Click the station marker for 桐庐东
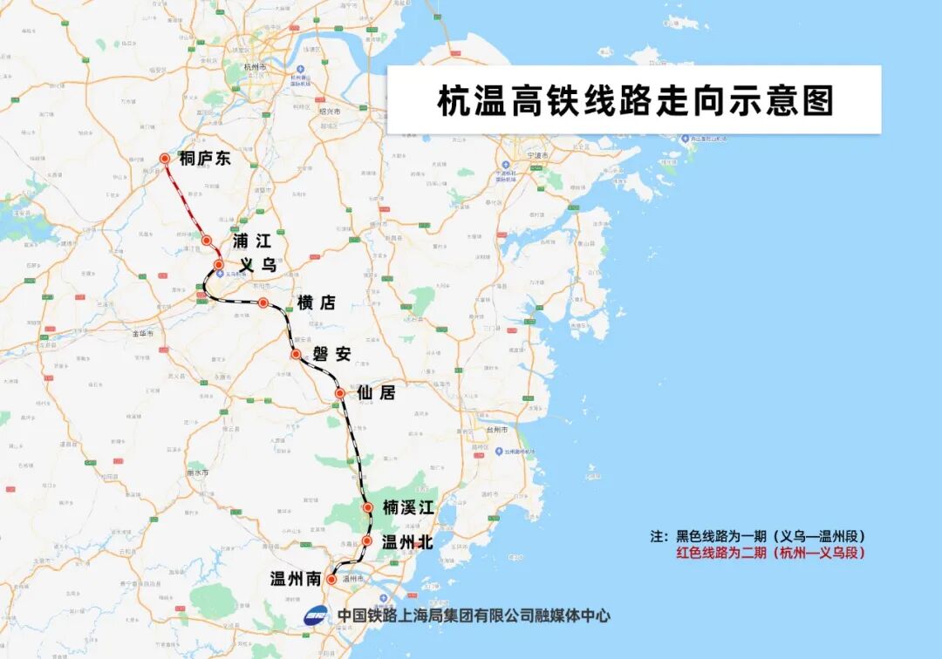click(x=164, y=159)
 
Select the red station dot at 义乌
click(x=219, y=265)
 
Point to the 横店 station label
click(x=316, y=302)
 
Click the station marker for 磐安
click(x=296, y=354)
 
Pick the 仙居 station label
click(x=376, y=393)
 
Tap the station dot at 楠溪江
click(x=368, y=506)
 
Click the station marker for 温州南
click(x=331, y=579)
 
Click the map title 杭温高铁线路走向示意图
click(x=634, y=100)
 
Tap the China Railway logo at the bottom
click(x=318, y=615)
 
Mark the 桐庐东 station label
click(x=205, y=159)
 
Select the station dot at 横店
click(x=263, y=302)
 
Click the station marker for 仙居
click(x=340, y=394)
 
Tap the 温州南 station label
click(x=296, y=580)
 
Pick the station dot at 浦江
click(x=207, y=241)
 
